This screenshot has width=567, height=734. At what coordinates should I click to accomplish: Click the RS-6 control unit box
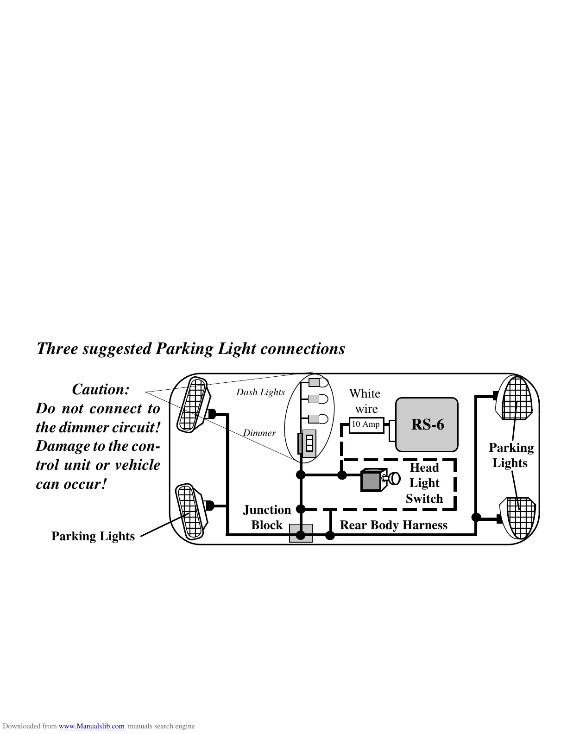[427, 424]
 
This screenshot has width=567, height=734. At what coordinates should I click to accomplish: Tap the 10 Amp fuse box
[366, 424]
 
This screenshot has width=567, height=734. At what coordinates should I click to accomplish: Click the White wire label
[365, 401]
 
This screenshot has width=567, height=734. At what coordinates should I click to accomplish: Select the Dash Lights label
[260, 392]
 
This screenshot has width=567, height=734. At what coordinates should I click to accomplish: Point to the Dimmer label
[259, 433]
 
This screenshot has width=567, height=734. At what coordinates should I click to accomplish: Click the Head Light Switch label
[424, 483]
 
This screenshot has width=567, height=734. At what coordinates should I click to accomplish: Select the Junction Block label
[267, 517]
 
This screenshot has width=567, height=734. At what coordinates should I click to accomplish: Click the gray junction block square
[301, 533]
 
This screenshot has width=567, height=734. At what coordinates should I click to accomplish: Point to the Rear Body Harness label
[393, 525]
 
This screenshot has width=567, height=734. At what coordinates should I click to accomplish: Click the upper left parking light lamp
[192, 405]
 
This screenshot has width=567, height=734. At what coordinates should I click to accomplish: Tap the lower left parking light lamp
[189, 511]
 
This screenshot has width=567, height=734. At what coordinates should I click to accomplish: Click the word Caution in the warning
[101, 389]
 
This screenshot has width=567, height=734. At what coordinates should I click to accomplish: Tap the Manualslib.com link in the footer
[91, 726]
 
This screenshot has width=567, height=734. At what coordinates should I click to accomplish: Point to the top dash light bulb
[318, 383]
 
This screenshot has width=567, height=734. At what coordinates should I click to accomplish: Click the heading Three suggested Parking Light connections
[190, 348]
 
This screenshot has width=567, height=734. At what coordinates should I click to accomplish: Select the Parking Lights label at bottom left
[93, 536]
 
